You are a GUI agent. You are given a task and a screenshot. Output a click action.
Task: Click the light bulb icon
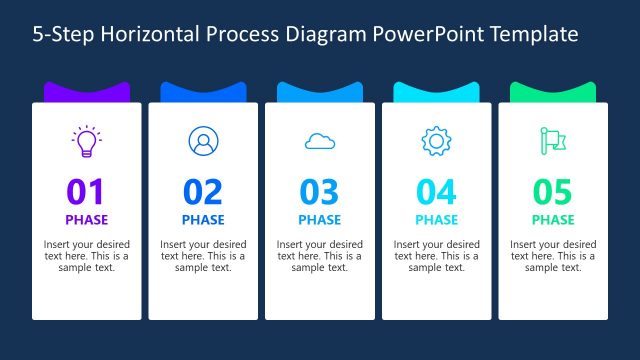point(86,141)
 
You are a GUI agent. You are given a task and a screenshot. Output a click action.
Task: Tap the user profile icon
point(203,141)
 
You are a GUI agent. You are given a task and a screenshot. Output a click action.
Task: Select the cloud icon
point(320,142)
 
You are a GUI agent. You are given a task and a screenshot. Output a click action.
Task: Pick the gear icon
point(436,142)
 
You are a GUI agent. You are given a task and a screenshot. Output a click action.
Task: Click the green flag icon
point(552,142)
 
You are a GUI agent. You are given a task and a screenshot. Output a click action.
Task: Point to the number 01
point(86,191)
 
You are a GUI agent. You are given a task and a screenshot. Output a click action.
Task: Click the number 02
point(203,191)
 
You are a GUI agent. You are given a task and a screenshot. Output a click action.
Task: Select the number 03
point(320,191)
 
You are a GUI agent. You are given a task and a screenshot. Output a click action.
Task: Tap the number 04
point(436,191)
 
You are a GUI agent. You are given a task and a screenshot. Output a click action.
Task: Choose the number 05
point(553,191)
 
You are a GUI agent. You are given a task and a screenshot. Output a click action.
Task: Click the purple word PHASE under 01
point(86,220)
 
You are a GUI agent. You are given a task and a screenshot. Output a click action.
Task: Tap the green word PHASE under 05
point(553,220)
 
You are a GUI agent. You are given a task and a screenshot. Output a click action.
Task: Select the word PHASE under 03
point(320,220)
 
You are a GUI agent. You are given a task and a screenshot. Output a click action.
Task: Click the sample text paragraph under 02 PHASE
point(203,256)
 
